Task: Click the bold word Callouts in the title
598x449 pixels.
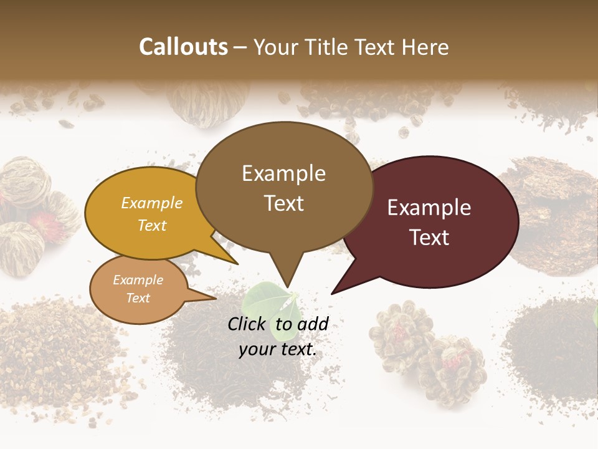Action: point(183,47)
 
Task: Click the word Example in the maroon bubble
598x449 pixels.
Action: point(429,208)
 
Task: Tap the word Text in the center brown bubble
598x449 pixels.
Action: point(284,203)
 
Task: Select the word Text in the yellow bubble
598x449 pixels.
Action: point(152,226)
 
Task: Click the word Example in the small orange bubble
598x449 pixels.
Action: point(138,280)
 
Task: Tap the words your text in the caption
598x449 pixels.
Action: point(278,349)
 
